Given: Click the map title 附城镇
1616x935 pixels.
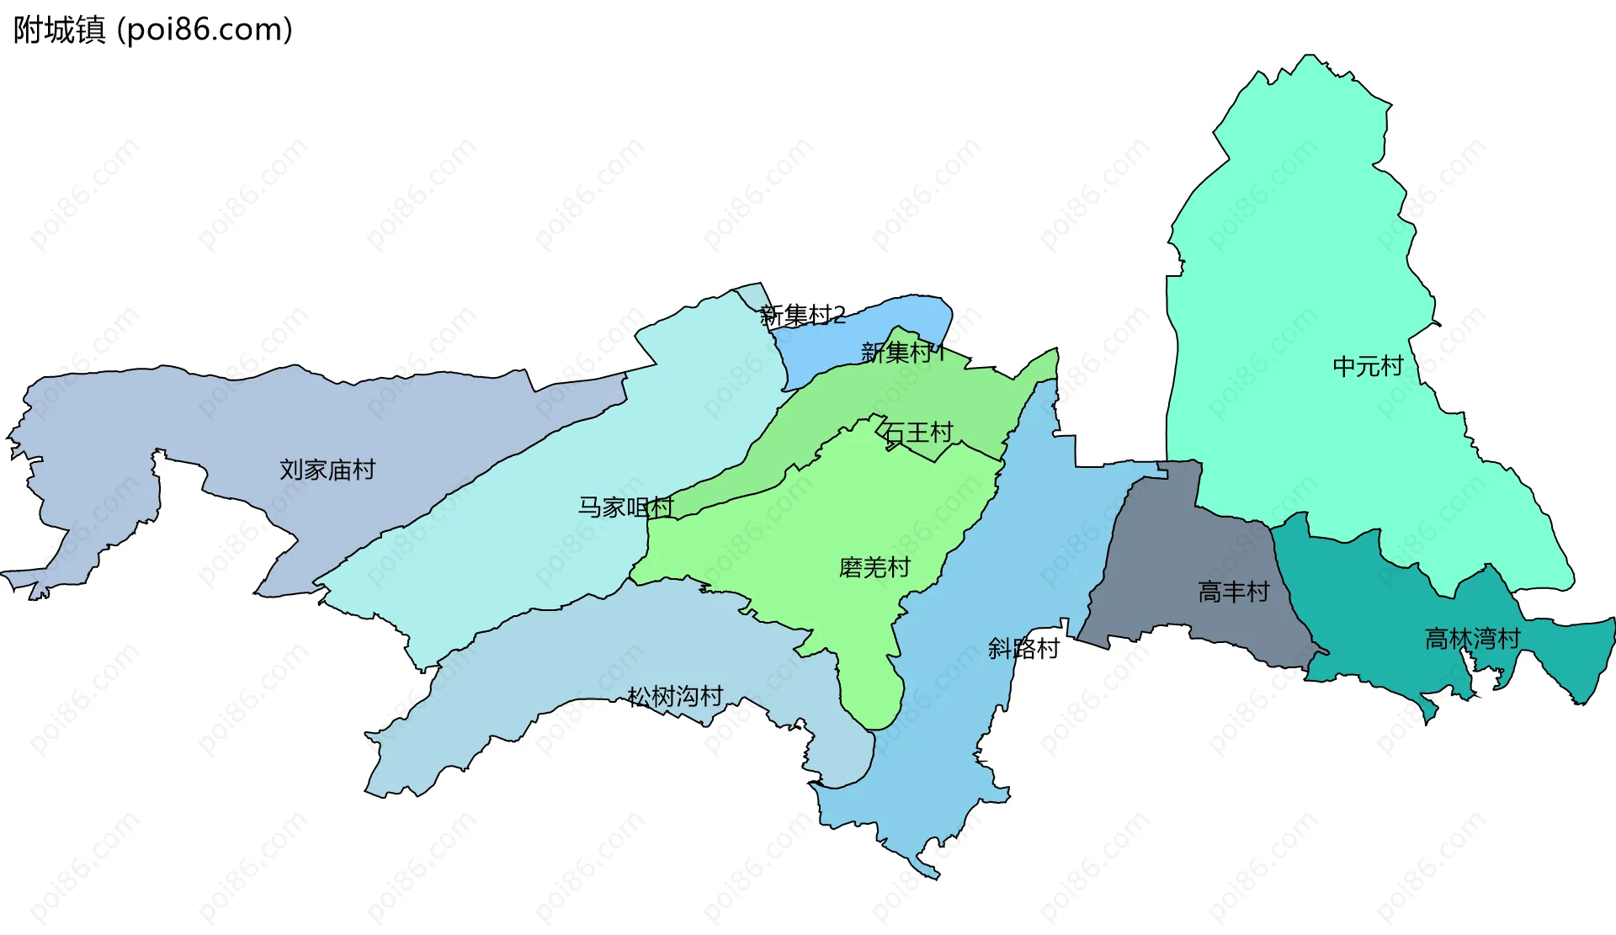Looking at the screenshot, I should [59, 29].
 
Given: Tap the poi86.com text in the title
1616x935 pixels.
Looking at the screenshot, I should [205, 29].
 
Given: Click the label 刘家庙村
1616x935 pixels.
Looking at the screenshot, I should [327, 470].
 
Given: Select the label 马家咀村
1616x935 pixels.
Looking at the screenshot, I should [625, 507].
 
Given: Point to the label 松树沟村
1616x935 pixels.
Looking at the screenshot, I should [675, 696].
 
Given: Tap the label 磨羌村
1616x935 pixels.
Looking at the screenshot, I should [874, 567].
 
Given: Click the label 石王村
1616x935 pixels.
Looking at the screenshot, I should [918, 433].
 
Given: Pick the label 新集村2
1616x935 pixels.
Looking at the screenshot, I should [802, 316].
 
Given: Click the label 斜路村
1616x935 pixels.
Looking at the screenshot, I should [1023, 648].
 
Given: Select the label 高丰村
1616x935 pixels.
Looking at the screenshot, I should [1233, 592].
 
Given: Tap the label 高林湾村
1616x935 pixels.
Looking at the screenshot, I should [1472, 639].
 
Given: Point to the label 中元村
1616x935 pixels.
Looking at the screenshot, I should [1368, 366].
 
